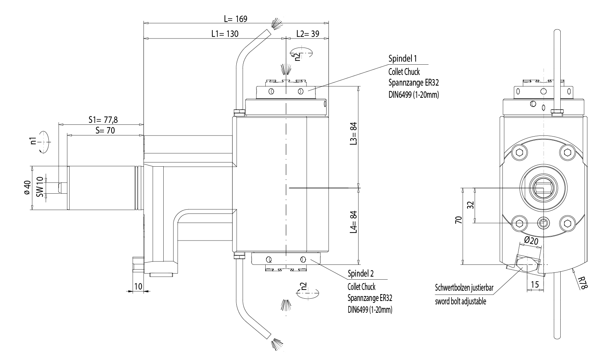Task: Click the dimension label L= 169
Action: (236, 19)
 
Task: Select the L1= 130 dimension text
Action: (225, 34)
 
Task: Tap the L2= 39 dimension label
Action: (308, 34)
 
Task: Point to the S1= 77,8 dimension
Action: (103, 120)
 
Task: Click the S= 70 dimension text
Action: (105, 130)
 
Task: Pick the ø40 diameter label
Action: (27, 188)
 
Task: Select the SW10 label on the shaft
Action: (40, 187)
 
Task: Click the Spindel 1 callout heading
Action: (402, 59)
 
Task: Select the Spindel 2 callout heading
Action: (361, 274)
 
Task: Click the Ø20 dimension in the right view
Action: (531, 240)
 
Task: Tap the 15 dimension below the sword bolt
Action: (534, 284)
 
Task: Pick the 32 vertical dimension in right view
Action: (470, 205)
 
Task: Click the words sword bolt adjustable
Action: (461, 302)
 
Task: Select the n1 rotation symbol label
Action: (33, 141)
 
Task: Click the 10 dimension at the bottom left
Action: (138, 286)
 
